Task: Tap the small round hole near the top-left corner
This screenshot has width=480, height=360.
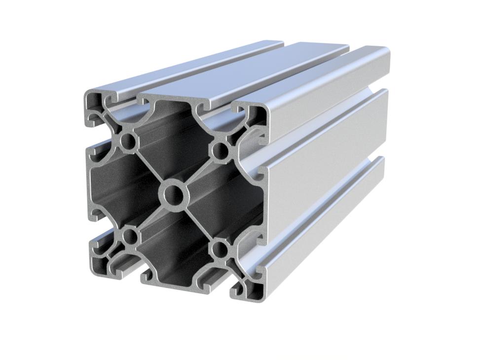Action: click(x=129, y=141)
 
